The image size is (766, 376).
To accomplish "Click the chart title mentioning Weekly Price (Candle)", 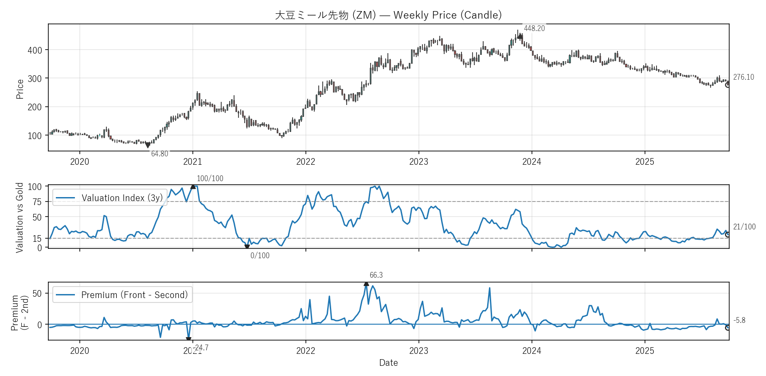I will pyautogui.click(x=388, y=15).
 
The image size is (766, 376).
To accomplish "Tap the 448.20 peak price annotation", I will pyautogui.click(x=534, y=28).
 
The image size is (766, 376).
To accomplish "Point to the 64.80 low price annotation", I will pyautogui.click(x=160, y=154).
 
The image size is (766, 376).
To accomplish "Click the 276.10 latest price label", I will pyautogui.click(x=743, y=77).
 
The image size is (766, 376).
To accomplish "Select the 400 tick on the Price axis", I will pyautogui.click(x=35, y=50).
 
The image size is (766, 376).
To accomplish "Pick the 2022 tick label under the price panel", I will pyautogui.click(x=305, y=162).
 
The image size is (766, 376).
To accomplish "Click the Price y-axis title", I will pyautogui.click(x=20, y=89).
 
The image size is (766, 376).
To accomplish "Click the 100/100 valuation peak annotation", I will pyautogui.click(x=210, y=178).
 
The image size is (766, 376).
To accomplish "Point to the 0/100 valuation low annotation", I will pyautogui.click(x=260, y=256).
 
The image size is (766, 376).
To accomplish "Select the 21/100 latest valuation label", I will pyautogui.click(x=744, y=227).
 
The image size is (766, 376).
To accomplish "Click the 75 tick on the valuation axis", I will pyautogui.click(x=37, y=202).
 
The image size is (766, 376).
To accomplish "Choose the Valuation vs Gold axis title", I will pyautogui.click(x=20, y=217).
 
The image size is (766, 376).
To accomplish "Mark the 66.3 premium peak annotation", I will pyautogui.click(x=376, y=275).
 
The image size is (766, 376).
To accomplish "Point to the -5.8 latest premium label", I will pyautogui.click(x=739, y=320).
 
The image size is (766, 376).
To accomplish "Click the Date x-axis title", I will pyautogui.click(x=388, y=363).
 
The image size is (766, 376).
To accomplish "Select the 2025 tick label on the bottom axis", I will pyautogui.click(x=645, y=351).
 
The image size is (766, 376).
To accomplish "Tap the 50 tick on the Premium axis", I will pyautogui.click(x=37, y=294).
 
